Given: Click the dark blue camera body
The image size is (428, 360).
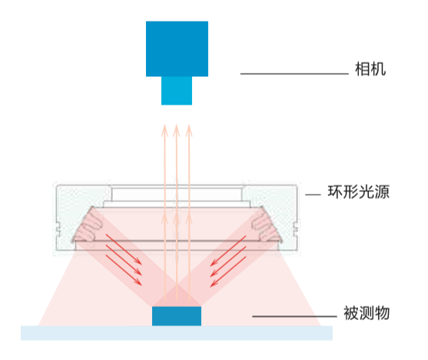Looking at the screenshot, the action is pyautogui.click(x=177, y=48).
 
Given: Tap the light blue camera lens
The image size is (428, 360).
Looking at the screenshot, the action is pyautogui.click(x=177, y=91).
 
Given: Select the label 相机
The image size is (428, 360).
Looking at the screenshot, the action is pyautogui.click(x=370, y=69).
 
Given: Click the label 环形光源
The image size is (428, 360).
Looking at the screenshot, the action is pyautogui.click(x=358, y=192).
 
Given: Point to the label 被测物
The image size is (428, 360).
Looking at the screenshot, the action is pyautogui.click(x=367, y=313).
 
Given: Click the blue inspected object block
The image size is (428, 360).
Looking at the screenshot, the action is pyautogui.click(x=177, y=316).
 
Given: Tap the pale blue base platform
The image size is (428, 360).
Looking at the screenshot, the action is pyautogui.click(x=177, y=333).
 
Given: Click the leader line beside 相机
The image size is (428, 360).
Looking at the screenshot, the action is pyautogui.click(x=294, y=74).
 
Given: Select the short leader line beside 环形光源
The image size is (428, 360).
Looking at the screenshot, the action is pyautogui.click(x=313, y=195).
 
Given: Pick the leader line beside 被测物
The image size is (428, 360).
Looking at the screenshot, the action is pyautogui.click(x=294, y=316).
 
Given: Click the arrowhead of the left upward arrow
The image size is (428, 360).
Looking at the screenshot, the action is pyautogui.click(x=164, y=130).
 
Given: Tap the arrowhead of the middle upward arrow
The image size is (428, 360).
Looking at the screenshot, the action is pyautogui.click(x=177, y=130).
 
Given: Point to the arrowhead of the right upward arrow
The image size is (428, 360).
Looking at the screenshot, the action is pyautogui.click(x=189, y=130).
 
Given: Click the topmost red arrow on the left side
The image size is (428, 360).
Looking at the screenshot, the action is pyautogui.click(x=124, y=249).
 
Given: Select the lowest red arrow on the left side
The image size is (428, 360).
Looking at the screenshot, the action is pyautogui.click(x=124, y=270).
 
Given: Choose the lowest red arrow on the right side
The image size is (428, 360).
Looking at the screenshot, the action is pyautogui.click(x=228, y=272).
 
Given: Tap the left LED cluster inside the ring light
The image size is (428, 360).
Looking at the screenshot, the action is pyautogui.click(x=88, y=227).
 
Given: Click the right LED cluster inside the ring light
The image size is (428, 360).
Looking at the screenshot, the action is pyautogui.click(x=266, y=227).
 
